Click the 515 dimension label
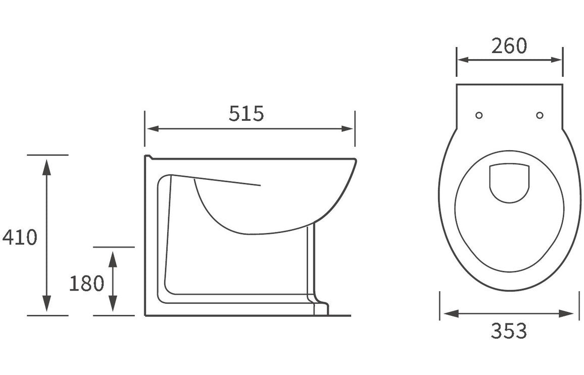click(246, 114)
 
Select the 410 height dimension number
click(20, 237)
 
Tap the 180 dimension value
click(86, 284)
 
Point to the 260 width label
click(509, 46)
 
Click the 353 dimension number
click(509, 332)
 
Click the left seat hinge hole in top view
click(479, 115)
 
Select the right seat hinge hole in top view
click(540, 115)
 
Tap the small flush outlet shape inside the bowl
click(509, 182)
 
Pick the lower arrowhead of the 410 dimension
click(46, 304)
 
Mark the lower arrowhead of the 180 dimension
click(113, 304)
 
